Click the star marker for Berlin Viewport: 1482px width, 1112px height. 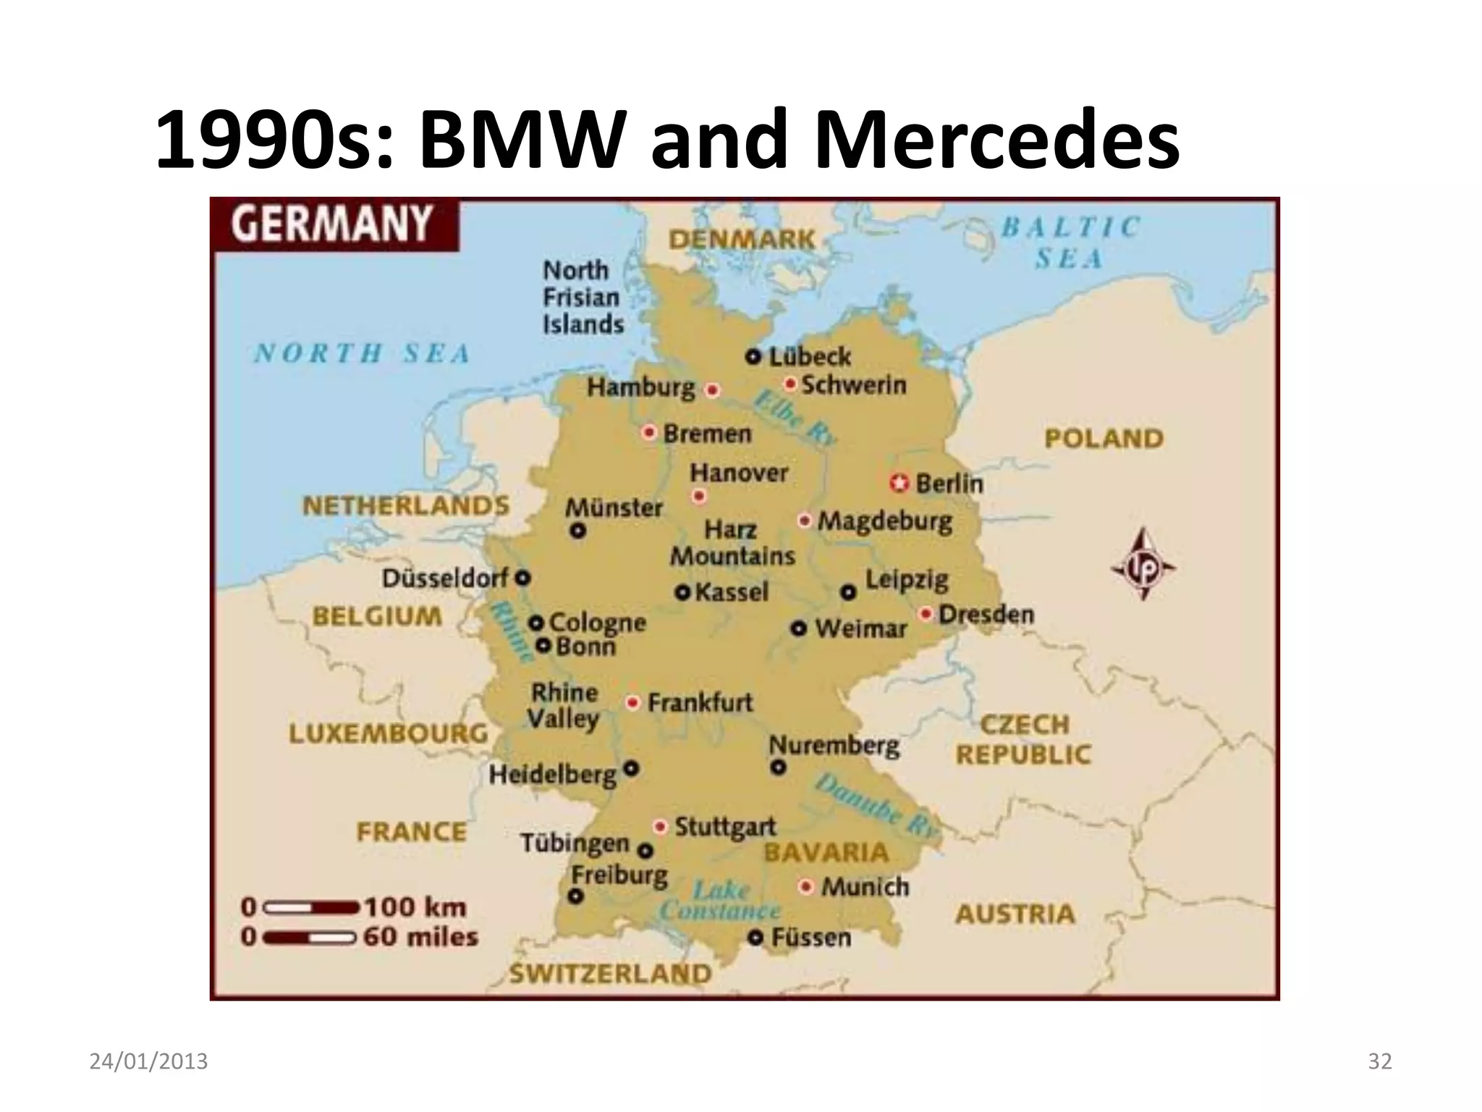click(899, 482)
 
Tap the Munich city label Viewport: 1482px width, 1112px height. click(865, 887)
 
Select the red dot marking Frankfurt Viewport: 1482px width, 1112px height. click(633, 702)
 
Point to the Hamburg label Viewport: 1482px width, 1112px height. click(640, 388)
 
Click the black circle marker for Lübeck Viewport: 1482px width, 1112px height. click(753, 356)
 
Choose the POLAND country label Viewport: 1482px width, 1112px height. click(1104, 438)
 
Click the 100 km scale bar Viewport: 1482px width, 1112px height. click(311, 907)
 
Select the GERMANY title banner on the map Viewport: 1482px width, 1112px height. click(333, 224)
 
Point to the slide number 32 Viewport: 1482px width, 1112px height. click(1380, 1061)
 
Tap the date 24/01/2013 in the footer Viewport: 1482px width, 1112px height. click(148, 1061)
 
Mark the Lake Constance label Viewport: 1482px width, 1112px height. click(720, 900)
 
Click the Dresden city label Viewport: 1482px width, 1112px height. click(986, 614)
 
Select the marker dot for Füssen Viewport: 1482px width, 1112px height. click(755, 938)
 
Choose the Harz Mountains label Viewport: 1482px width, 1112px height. click(732, 543)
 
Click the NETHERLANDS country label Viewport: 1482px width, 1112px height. click(406, 505)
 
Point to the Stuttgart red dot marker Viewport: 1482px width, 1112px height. click(660, 826)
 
